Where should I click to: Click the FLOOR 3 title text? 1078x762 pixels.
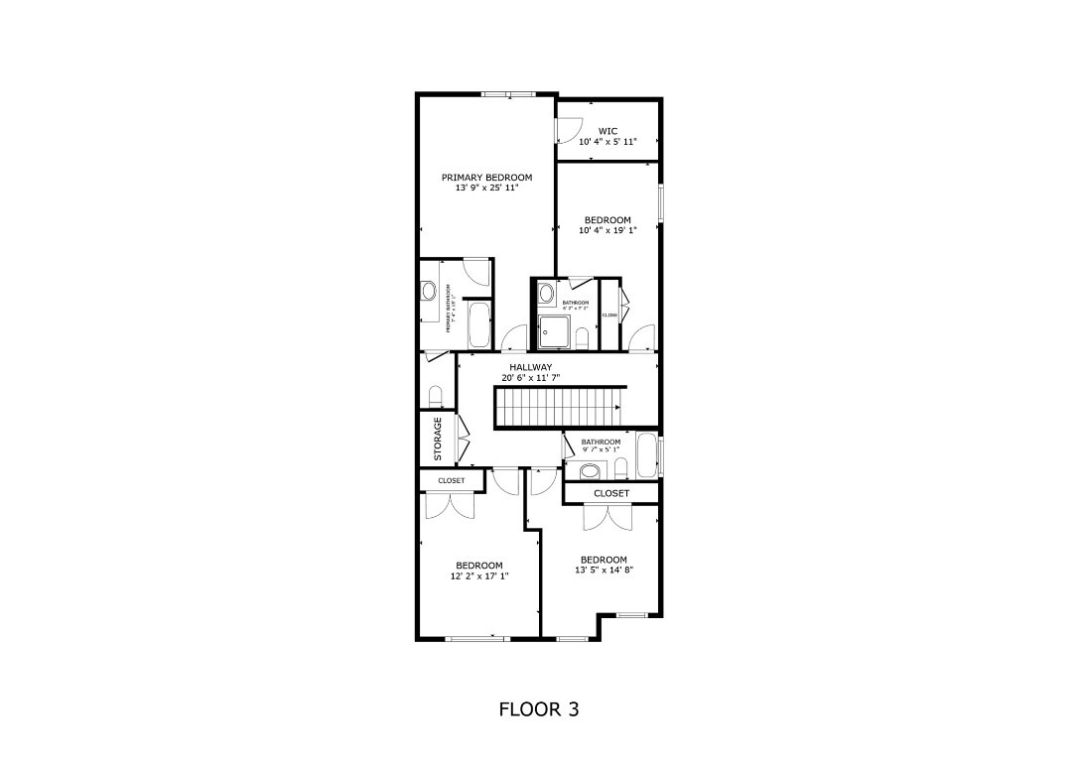tap(538, 709)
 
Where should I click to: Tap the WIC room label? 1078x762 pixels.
tap(607, 131)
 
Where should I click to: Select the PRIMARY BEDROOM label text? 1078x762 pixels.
tap(486, 178)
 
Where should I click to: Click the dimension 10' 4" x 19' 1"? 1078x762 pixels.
tap(606, 230)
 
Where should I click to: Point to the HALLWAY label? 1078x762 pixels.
tap(531, 367)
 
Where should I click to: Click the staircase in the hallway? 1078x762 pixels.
tap(560, 408)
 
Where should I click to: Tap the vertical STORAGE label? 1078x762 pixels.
tap(438, 439)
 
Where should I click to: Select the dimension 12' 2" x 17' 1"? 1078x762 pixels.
tap(479, 575)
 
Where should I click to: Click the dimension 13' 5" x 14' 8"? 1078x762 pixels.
tap(604, 570)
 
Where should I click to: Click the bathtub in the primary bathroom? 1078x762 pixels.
tap(478, 324)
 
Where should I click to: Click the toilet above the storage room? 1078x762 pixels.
tap(435, 397)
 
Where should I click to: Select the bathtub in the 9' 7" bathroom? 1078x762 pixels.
tap(646, 454)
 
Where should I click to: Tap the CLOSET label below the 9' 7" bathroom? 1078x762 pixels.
tap(611, 493)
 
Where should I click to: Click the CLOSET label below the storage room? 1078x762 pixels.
tap(451, 481)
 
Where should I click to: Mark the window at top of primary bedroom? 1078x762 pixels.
tap(508, 94)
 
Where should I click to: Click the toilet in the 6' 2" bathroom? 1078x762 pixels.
tap(583, 338)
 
